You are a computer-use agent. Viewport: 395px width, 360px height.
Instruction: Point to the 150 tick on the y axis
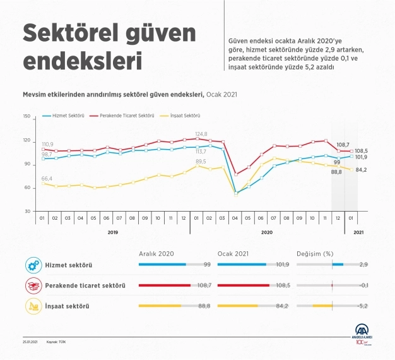(x=26, y=116)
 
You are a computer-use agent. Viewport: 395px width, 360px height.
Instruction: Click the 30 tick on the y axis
(x=27, y=211)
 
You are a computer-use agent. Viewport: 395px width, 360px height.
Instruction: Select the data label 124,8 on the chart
(x=201, y=133)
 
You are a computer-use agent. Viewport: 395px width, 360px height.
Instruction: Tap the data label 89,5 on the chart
(x=201, y=161)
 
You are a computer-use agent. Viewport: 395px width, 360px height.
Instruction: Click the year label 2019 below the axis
(x=112, y=233)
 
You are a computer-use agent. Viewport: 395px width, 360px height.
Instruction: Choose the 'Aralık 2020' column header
(x=155, y=253)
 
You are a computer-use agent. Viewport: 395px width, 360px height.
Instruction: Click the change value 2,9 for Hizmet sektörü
(x=363, y=265)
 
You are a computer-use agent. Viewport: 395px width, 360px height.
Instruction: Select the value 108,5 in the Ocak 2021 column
(x=281, y=285)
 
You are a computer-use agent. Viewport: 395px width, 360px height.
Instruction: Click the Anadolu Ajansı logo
(x=364, y=333)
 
